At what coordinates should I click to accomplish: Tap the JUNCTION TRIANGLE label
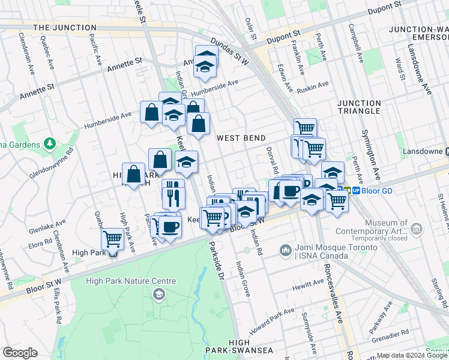[x=359, y=107]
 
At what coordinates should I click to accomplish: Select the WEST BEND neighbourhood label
[x=241, y=138]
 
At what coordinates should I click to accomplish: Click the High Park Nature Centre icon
[x=158, y=293]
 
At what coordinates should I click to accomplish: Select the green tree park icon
[x=50, y=144]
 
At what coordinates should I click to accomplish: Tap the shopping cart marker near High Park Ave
[x=112, y=239]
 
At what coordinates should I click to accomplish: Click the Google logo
[x=20, y=353]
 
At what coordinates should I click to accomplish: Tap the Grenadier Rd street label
[x=389, y=332]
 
